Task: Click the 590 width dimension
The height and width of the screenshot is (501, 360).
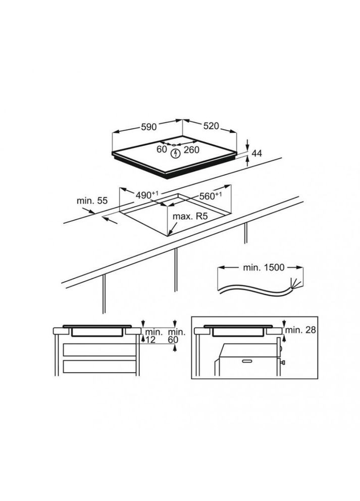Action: pos(149,127)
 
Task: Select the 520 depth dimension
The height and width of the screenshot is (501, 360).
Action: pos(211,126)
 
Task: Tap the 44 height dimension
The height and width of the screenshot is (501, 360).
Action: pos(257,154)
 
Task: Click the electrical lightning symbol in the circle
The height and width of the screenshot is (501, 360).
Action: pos(176,154)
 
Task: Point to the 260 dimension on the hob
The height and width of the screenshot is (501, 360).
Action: pos(191,149)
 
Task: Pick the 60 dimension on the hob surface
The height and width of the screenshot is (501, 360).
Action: pos(162,149)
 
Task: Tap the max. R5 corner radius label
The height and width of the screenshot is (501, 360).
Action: pos(190,216)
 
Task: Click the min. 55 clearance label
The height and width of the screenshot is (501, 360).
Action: pos(92,201)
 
